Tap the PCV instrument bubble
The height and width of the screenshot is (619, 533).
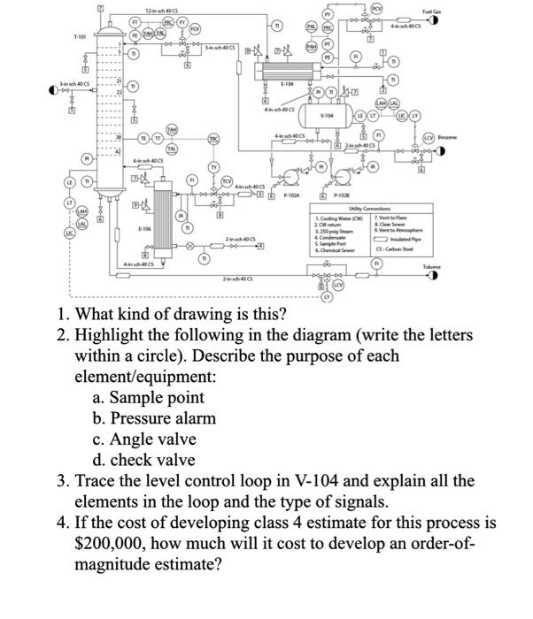pyautogui.click(x=375, y=10)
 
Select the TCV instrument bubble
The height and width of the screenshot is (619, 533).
pyautogui.click(x=227, y=182)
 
